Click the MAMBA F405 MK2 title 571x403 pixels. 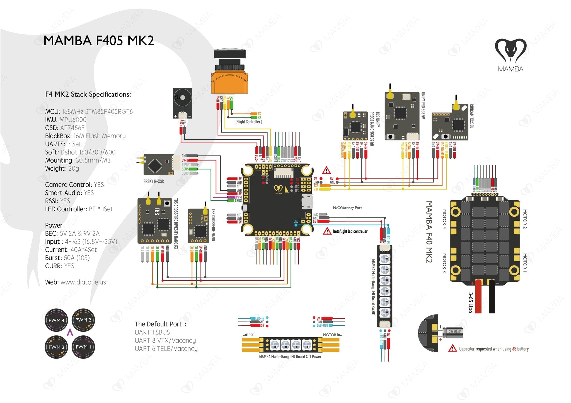[x=99, y=41]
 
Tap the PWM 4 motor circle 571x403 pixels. [x=56, y=320]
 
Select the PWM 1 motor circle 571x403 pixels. [x=83, y=347]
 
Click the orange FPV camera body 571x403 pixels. [x=229, y=82]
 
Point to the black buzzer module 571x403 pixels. [x=183, y=103]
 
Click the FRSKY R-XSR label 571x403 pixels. [x=154, y=181]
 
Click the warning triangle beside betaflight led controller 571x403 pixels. [x=327, y=231]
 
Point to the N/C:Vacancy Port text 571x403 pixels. [x=347, y=208]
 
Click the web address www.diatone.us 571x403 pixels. [x=83, y=282]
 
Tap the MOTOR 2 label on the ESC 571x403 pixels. [x=524, y=219]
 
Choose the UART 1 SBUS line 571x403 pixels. [x=152, y=332]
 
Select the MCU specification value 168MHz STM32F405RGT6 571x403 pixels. [x=97, y=112]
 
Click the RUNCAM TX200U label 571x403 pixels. [x=471, y=116]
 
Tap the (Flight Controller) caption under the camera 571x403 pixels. [x=249, y=122]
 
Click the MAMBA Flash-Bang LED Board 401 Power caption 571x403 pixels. [x=290, y=357]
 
